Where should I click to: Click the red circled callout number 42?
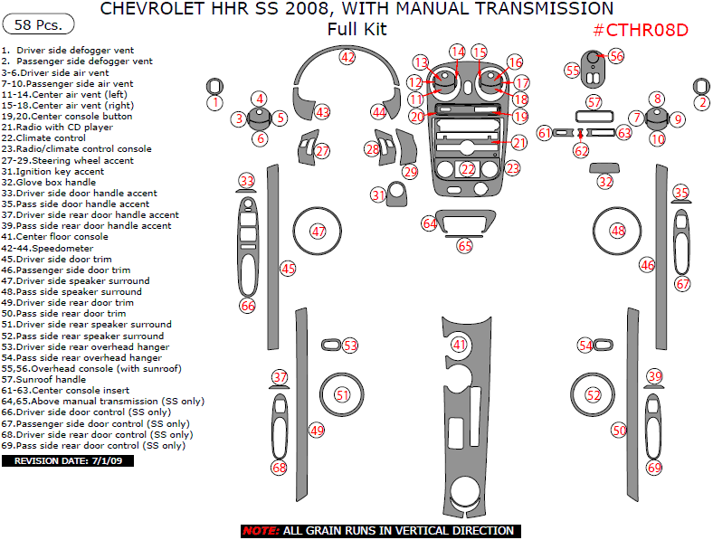point(347,56)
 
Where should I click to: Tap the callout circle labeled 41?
point(461,345)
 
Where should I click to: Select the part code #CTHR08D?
point(641,30)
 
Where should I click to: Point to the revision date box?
point(68,460)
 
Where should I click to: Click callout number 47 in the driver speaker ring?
point(318,232)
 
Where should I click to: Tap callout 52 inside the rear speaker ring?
point(594,395)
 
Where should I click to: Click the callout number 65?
point(465,245)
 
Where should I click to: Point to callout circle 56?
point(616,55)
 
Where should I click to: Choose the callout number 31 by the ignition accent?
point(378,194)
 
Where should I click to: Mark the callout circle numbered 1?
point(214,103)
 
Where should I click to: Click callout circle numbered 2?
point(701,103)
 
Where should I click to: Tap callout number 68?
point(279,468)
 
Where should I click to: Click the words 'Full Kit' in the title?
point(356,29)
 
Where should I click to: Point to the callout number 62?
point(581,151)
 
